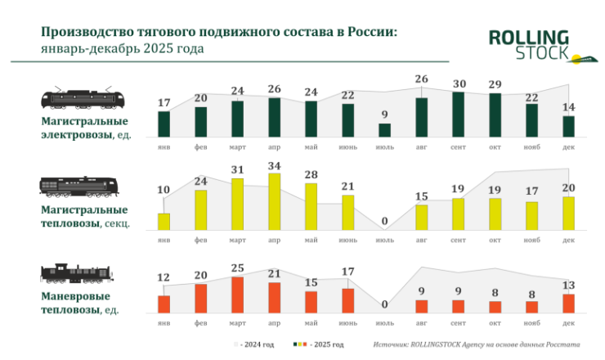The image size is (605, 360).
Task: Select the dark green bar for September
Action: pyautogui.click(x=458, y=114)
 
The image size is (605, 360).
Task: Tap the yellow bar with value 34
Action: pyautogui.click(x=274, y=201)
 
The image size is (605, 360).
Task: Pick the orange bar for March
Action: pyautogui.click(x=238, y=295)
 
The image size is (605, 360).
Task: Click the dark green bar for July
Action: pyautogui.click(x=384, y=129)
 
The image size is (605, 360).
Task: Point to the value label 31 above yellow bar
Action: pyautogui.click(x=238, y=169)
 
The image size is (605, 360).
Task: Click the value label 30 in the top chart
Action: pyautogui.click(x=458, y=83)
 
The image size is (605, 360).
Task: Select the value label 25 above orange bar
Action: pyautogui.click(x=238, y=268)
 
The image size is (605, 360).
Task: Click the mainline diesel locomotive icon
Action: pyautogui.click(x=79, y=187)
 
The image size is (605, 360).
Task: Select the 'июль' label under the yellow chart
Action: pyautogui.click(x=384, y=240)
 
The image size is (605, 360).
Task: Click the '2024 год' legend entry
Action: pyautogui.click(x=256, y=344)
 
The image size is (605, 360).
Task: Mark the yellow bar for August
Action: pyautogui.click(x=421, y=217)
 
